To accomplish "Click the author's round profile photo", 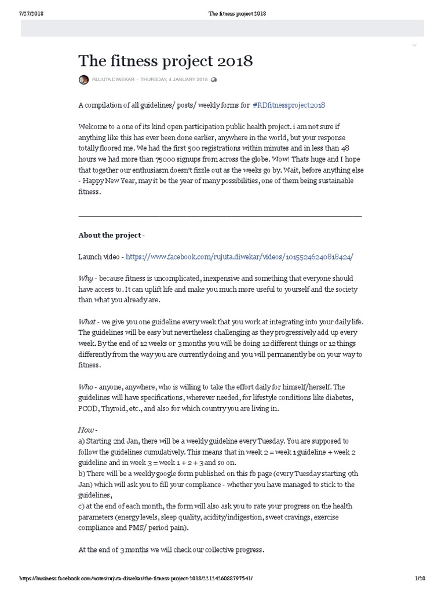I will (x=83, y=79).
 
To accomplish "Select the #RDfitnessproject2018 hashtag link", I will (x=289, y=105).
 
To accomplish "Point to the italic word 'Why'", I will (x=86, y=279).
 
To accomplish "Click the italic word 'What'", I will (x=87, y=321).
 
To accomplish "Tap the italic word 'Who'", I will (x=86, y=387).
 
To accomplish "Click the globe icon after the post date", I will (x=214, y=79).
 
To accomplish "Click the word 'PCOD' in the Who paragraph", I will (x=89, y=409).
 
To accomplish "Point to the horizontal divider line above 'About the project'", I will (x=220, y=215).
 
